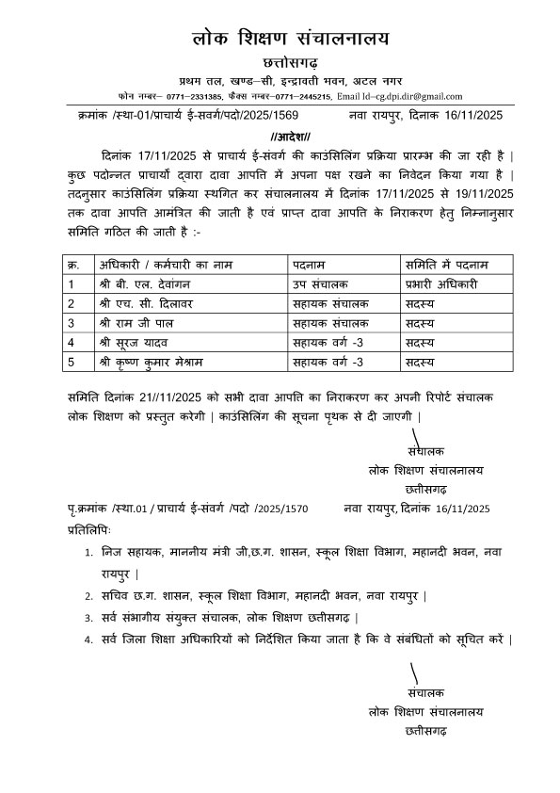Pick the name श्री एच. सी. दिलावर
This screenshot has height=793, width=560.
[127, 303]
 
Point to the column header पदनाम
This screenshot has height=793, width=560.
[310, 263]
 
